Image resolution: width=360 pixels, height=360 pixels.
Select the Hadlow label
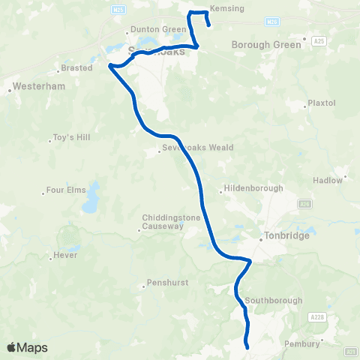pyautogui.click(x=331, y=180)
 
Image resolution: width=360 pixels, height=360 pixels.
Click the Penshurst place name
pyautogui.click(x=166, y=283)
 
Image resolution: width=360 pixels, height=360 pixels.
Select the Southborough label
pyautogui.click(x=273, y=301)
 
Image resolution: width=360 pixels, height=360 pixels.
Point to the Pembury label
pyautogui.click(x=302, y=343)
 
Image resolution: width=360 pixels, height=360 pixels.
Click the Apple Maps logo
pyautogui.click(x=28, y=347)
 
